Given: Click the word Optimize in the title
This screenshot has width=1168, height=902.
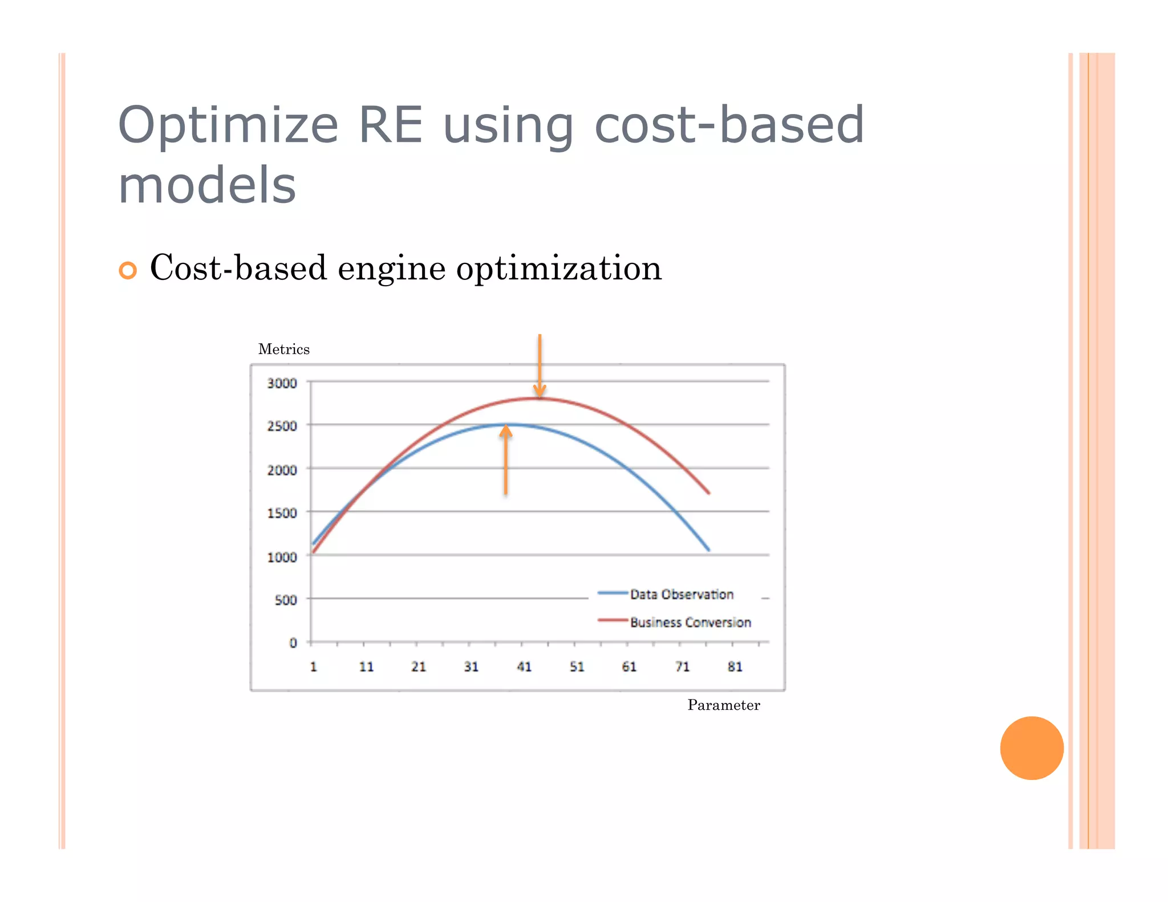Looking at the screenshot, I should click(228, 127).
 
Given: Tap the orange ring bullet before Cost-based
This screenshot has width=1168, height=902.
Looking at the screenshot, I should click(128, 270).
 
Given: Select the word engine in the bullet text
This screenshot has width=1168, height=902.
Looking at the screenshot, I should click(391, 269).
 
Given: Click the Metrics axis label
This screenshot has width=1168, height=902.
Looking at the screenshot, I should click(283, 349).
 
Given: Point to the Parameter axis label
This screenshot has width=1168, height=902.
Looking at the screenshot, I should click(723, 705).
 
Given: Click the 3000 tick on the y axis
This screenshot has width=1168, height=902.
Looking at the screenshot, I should click(282, 383).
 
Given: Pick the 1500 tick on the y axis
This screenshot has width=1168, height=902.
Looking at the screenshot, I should click(282, 513).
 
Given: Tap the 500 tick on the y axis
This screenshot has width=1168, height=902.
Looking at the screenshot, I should click(286, 600).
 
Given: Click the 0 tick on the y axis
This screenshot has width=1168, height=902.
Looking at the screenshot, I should click(293, 643).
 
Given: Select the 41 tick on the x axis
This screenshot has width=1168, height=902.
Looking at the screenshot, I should click(524, 667).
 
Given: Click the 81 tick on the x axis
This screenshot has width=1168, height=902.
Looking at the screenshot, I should click(735, 667).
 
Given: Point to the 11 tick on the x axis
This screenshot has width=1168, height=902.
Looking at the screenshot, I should click(366, 667).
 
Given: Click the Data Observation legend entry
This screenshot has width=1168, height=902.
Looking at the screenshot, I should click(681, 594).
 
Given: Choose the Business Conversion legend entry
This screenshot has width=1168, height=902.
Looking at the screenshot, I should click(690, 622).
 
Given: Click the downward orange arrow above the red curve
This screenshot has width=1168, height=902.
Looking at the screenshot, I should click(540, 365).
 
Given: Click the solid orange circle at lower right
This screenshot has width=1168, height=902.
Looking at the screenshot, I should click(1031, 747).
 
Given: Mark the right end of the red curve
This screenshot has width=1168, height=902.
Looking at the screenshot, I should click(708, 493).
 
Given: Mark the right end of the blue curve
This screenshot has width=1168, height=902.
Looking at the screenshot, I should click(708, 550).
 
